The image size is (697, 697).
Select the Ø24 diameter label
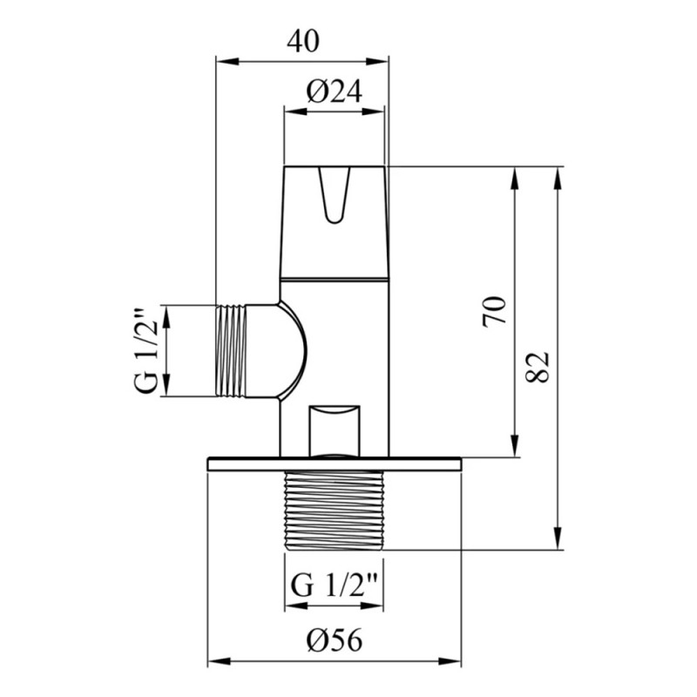(335, 90)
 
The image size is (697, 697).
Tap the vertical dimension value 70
(494, 311)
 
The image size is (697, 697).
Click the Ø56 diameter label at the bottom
(335, 641)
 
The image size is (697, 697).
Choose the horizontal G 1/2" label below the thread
(335, 583)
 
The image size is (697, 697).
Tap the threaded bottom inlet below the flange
(335, 511)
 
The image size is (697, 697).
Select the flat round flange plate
(335, 464)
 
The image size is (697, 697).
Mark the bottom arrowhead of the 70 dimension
(516, 449)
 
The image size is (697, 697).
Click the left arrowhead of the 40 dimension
(223, 60)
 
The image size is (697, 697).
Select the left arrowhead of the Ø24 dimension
(293, 110)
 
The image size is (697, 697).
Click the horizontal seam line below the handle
(335, 275)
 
